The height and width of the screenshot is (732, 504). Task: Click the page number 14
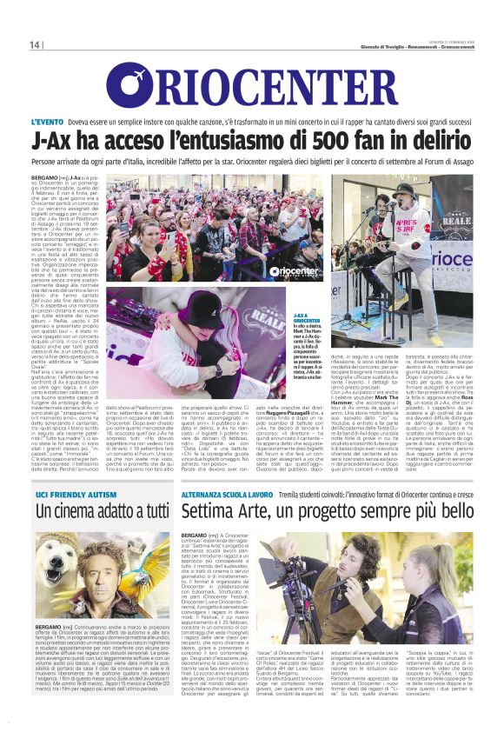pos(35,44)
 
